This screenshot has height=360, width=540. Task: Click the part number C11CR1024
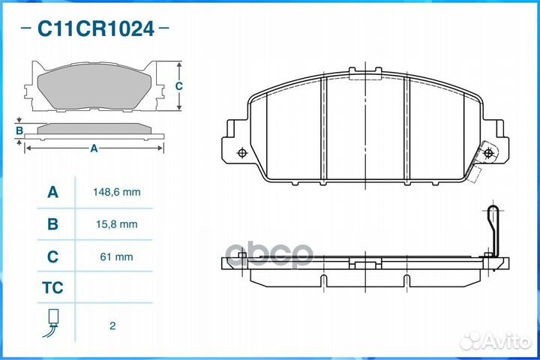pos(95,29)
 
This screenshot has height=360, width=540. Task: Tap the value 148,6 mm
pos(117,192)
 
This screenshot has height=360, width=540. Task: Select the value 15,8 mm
pos(117,224)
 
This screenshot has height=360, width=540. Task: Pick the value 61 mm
pos(116,256)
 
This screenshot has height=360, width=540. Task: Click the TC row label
pos(52,288)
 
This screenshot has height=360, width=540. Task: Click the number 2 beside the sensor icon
pos(112,325)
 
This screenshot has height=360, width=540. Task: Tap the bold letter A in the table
pos(52,192)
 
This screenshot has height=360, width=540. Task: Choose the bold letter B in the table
pos(52,224)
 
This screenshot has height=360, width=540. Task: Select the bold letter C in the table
pos(52,256)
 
